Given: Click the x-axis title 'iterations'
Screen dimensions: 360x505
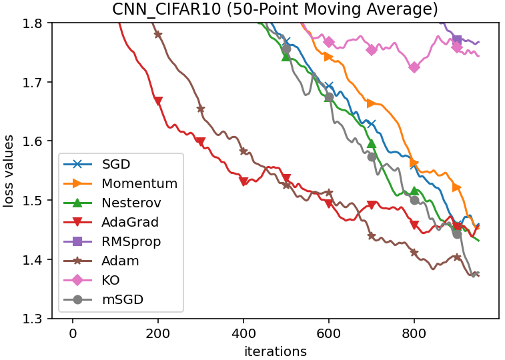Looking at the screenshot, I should click(276, 351).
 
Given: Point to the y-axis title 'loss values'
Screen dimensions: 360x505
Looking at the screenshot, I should click(9, 171).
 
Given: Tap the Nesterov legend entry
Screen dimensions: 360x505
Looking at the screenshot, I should click(131, 203).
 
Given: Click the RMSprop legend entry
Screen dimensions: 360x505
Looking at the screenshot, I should click(131, 241).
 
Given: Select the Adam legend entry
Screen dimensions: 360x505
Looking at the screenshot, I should click(121, 261).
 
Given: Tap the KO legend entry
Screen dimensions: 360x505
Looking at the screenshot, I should click(111, 280).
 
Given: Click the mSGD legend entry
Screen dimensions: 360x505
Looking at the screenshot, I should click(122, 299).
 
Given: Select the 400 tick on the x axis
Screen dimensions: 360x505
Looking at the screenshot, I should click(243, 332).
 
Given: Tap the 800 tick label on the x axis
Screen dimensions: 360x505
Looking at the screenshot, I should click(414, 332).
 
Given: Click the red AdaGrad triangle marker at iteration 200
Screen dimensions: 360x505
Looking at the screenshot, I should click(158, 101).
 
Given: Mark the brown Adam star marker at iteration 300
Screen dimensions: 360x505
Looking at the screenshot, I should click(201, 109).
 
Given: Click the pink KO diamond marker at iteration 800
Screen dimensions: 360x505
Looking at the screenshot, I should click(414, 67).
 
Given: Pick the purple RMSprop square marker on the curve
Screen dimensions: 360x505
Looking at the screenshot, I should click(457, 40).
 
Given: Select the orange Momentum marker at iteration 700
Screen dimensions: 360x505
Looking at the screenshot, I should click(372, 103).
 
